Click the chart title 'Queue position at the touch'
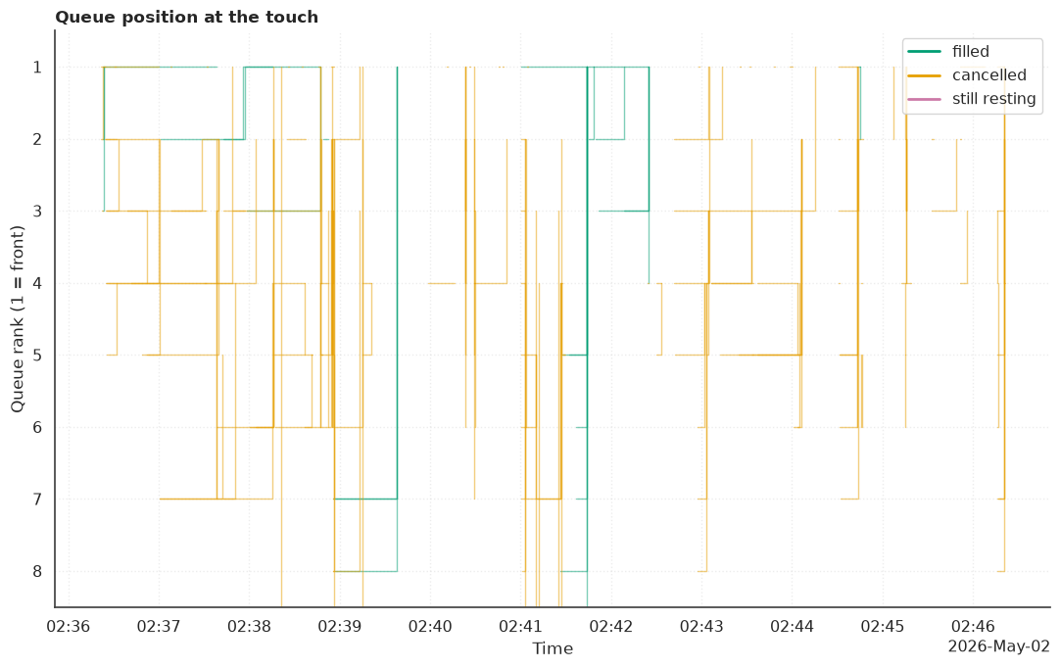(x=186, y=17)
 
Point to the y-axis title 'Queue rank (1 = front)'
(x=17, y=318)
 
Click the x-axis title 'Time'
(x=553, y=648)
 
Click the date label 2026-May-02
(x=998, y=646)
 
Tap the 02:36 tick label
(x=69, y=626)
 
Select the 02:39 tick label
(x=339, y=626)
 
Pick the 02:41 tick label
(x=520, y=626)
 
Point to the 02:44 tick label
(x=792, y=626)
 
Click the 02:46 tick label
(x=973, y=626)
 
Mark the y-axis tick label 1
(x=37, y=67)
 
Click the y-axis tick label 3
(x=37, y=211)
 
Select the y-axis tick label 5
(x=37, y=355)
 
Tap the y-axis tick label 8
(x=37, y=571)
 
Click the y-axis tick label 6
(x=37, y=427)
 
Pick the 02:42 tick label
(x=611, y=626)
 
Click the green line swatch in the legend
(x=924, y=51)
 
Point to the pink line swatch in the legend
(x=924, y=99)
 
